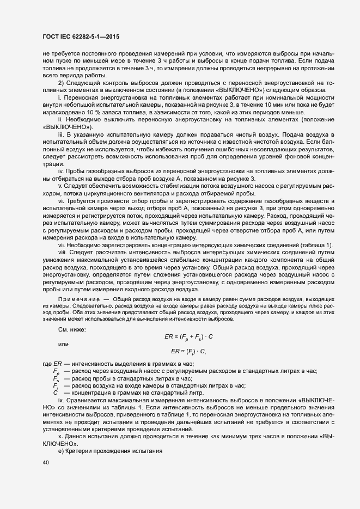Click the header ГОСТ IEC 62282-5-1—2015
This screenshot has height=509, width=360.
(81, 37)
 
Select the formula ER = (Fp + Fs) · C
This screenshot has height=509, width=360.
(188, 336)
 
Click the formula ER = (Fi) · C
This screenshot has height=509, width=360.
(188, 351)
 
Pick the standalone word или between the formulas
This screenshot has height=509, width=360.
(63, 344)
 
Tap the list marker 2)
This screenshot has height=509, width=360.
(62, 82)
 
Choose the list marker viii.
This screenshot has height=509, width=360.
(62, 253)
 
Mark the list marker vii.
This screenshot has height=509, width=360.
(62, 246)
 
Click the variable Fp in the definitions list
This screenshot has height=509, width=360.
(56, 371)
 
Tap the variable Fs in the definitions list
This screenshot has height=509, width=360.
(56, 378)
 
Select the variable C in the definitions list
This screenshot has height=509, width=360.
(55, 393)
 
